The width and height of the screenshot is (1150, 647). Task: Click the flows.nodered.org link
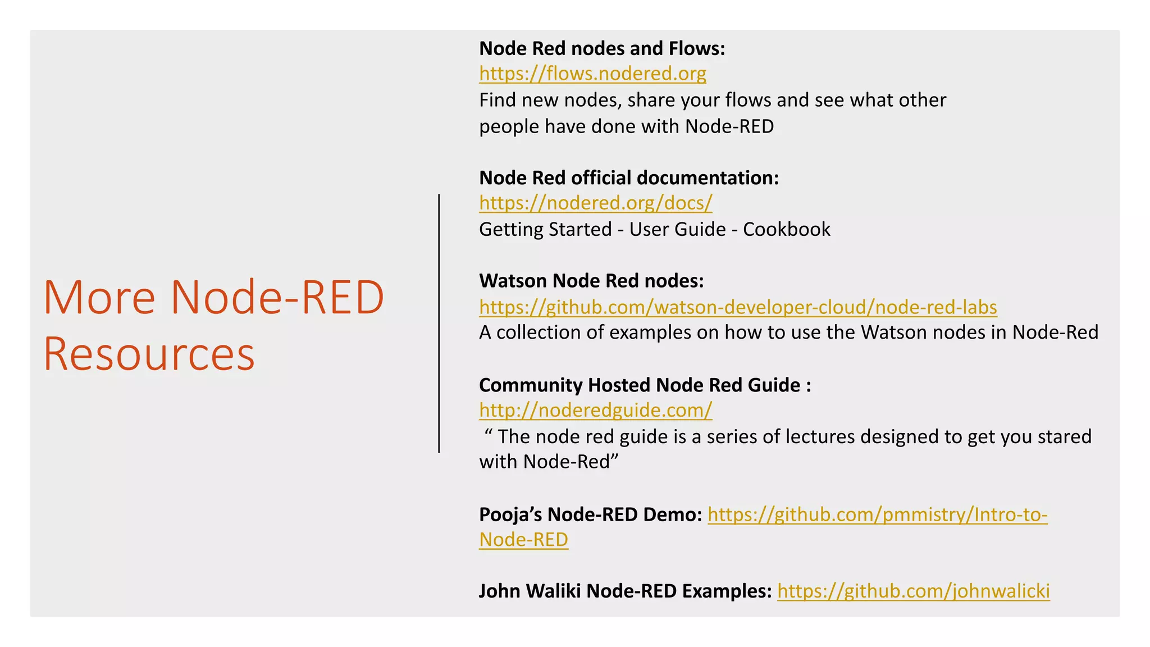point(592,74)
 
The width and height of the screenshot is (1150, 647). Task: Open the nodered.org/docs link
point(595,203)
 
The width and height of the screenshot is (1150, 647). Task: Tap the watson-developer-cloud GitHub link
point(738,307)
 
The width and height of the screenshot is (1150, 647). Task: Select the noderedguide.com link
point(595,410)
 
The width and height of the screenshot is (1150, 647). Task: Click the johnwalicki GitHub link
point(913,591)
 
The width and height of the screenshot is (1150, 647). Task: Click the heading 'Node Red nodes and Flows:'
point(602,48)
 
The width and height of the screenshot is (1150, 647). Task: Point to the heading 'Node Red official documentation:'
point(629,177)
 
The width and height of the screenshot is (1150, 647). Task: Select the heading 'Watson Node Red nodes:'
point(591,280)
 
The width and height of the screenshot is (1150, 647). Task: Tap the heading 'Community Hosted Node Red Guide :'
point(645,385)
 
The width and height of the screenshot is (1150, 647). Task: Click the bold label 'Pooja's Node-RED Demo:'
point(590,514)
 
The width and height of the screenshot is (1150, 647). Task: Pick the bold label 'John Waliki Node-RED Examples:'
point(625,591)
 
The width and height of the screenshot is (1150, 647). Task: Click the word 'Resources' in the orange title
point(149,354)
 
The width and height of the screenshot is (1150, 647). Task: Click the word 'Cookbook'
point(786,229)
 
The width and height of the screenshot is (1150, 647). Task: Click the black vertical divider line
point(439,323)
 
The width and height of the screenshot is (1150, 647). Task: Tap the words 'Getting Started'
point(545,229)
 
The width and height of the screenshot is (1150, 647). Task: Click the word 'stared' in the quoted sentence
point(1065,436)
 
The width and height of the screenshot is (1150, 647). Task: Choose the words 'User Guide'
point(677,229)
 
